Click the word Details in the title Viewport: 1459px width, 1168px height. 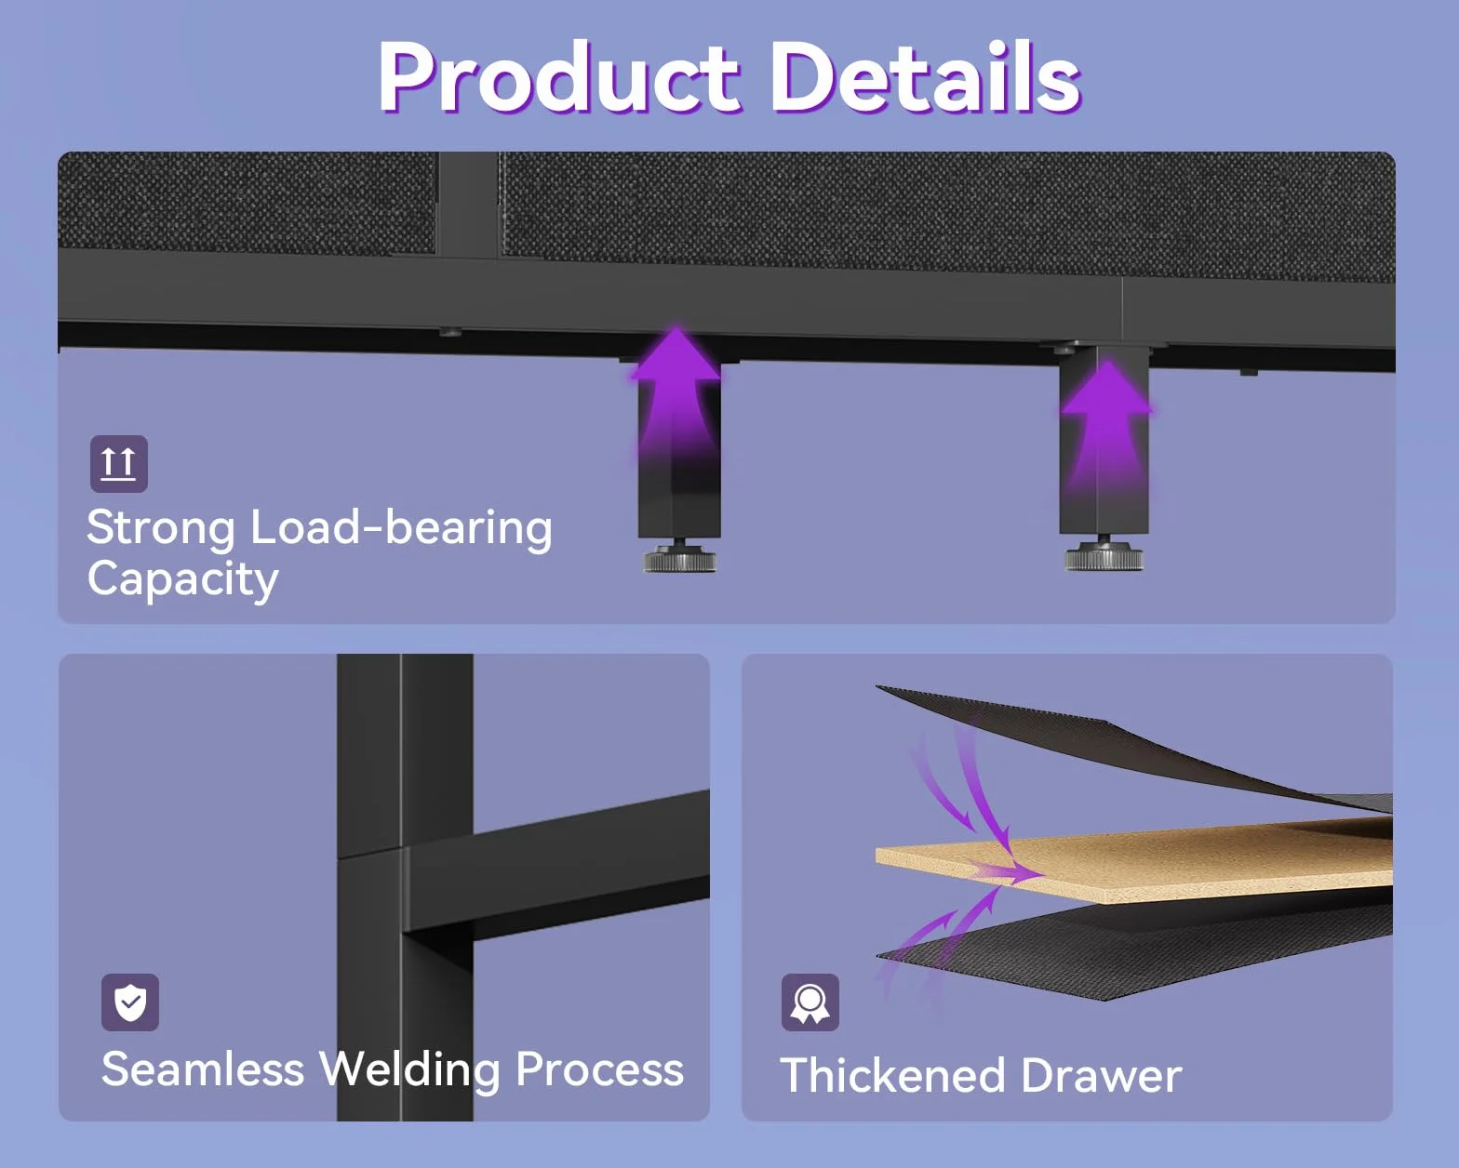pos(927,76)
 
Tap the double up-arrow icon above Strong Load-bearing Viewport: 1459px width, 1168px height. pos(119,463)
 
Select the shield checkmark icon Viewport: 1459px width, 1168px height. pos(130,1002)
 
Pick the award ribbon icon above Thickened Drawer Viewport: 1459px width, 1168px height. pos(810,1002)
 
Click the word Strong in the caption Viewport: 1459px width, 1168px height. pos(161,529)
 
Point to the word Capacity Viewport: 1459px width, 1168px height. pos(183,580)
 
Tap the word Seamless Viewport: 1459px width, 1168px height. pos(203,1069)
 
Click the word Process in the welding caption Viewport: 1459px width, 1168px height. pos(599,1069)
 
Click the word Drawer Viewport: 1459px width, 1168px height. pos(1101,1075)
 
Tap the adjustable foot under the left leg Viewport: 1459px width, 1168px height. pos(679,557)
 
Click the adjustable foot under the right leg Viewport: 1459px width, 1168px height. pos(1104,554)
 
